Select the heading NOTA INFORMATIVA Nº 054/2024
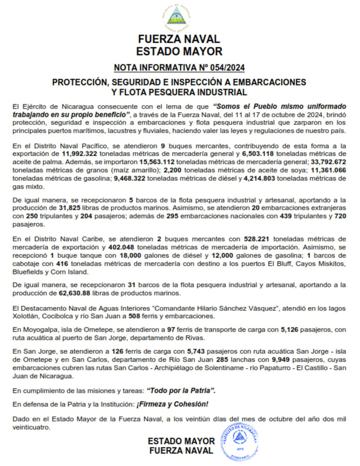179,68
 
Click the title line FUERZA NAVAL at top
179,39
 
